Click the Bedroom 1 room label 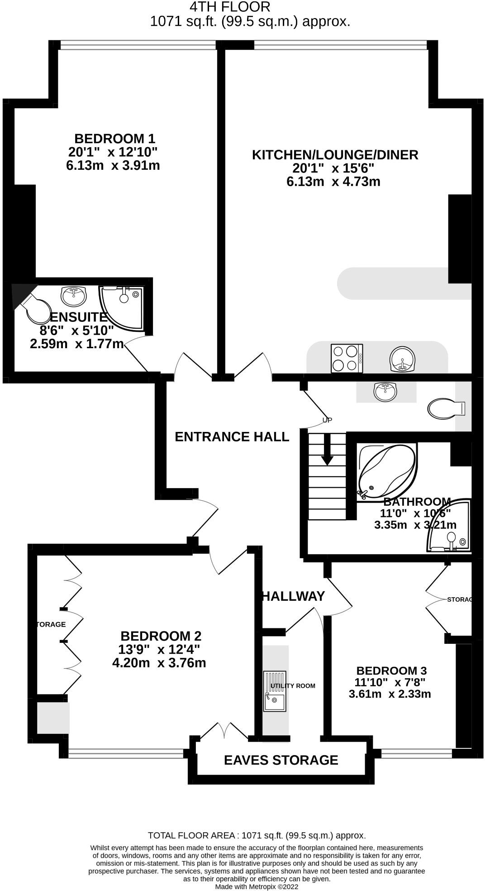(114, 138)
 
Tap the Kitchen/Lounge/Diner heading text (335, 155)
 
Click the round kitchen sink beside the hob (402, 359)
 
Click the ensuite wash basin (74, 297)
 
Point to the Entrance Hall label (232, 436)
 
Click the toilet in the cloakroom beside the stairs (446, 408)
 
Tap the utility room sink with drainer (275, 690)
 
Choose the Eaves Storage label (281, 760)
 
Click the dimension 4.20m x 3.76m (159, 663)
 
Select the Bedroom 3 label (391, 671)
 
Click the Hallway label (294, 596)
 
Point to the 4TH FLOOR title (229, 7)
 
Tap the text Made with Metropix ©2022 (257, 886)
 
